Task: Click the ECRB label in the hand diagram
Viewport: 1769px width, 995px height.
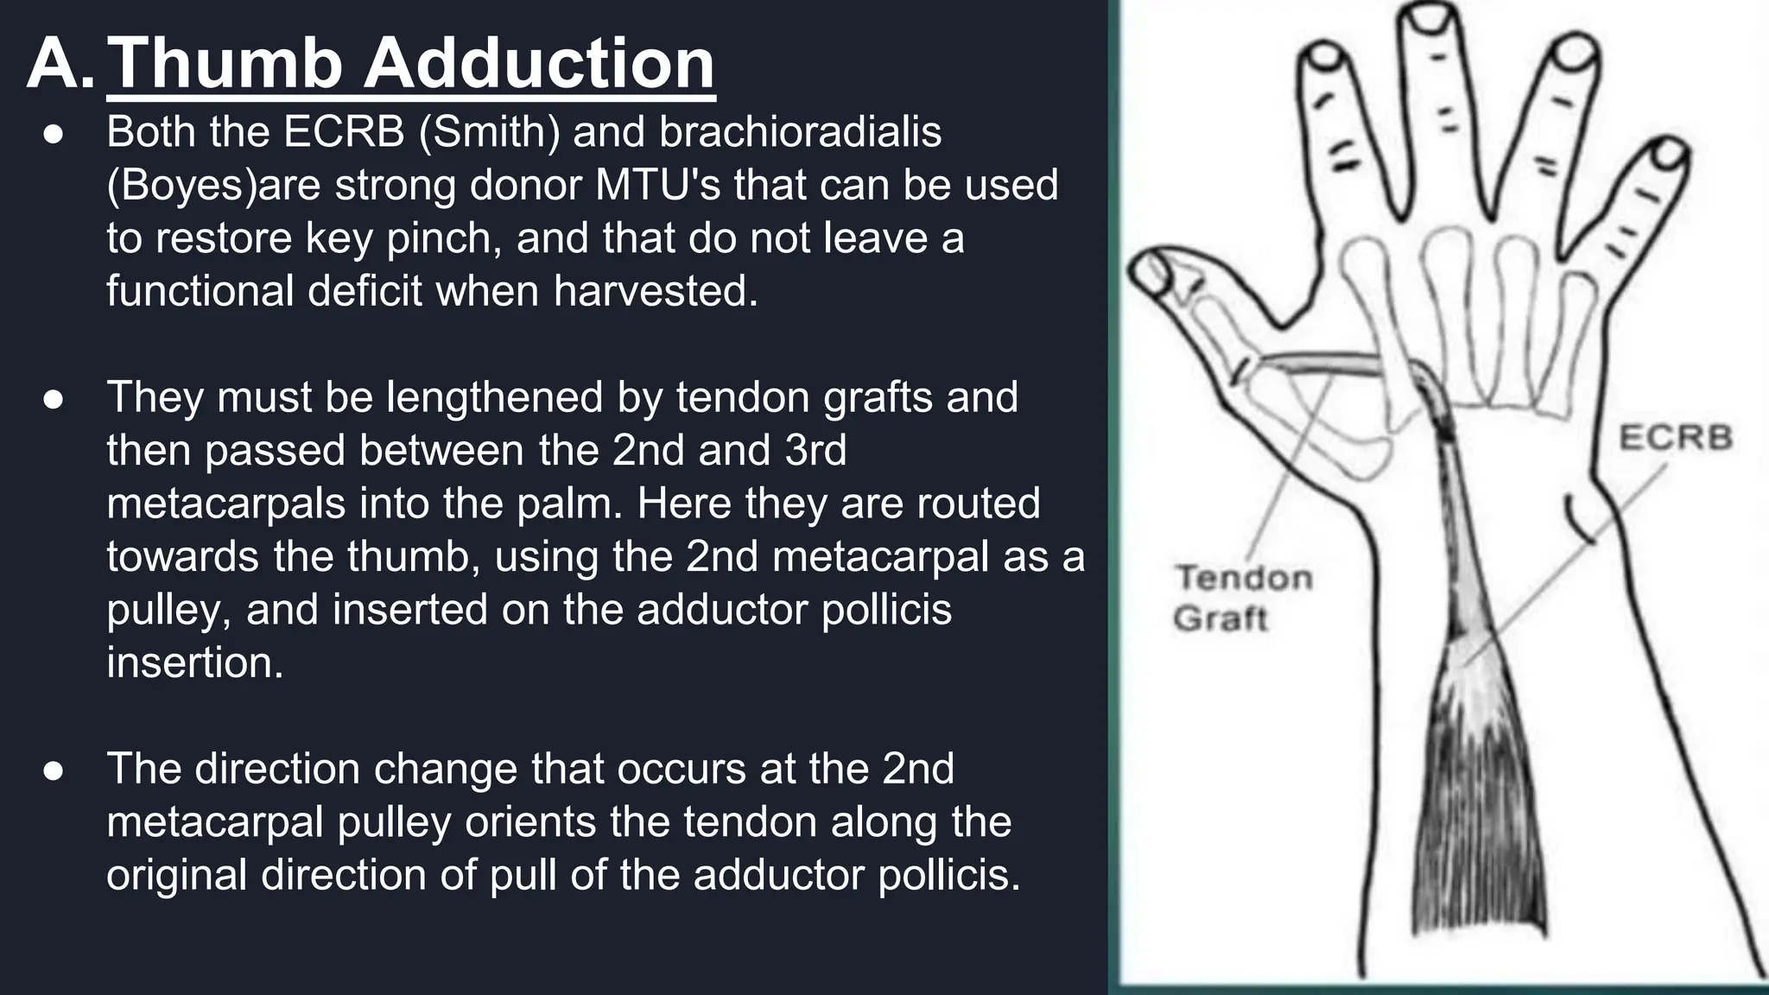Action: [1675, 438]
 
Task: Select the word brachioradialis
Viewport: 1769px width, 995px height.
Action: [800, 132]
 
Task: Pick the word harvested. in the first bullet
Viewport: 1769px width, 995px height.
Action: [656, 290]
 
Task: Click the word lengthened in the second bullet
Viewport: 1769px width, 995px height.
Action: [495, 397]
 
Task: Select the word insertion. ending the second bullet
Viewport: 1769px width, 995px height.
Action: [195, 662]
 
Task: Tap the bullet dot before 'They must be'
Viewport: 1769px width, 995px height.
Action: [54, 399]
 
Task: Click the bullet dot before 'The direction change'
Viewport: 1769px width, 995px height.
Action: [54, 770]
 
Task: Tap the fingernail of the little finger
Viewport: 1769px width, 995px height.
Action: [1669, 156]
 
